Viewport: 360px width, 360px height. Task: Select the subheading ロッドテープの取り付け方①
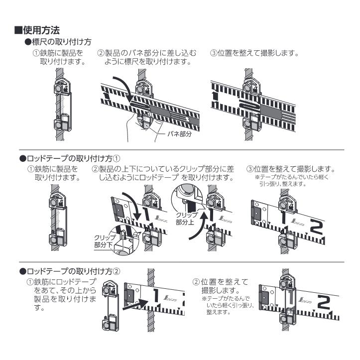coord(70,158)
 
